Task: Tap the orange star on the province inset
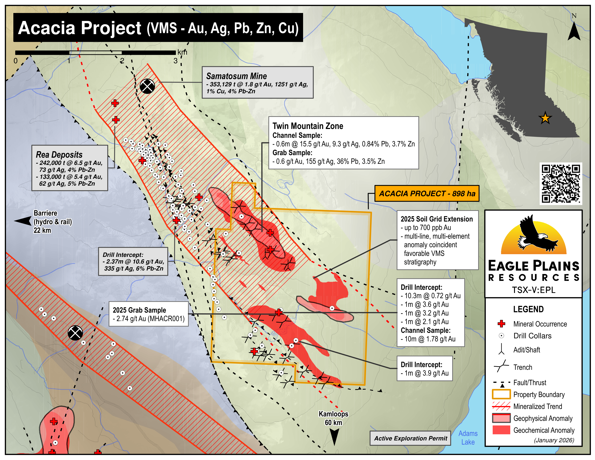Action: click(545, 118)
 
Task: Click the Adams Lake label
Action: click(468, 438)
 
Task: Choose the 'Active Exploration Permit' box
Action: click(410, 438)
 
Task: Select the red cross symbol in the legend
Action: click(501, 324)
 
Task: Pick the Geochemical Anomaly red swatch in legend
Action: click(501, 430)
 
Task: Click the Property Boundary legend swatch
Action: click(501, 394)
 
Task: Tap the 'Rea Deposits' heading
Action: click(59, 155)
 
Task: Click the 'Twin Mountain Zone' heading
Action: click(308, 126)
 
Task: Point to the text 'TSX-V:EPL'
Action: click(534, 290)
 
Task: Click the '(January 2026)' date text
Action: click(554, 440)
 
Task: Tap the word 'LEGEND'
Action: click(528, 309)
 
